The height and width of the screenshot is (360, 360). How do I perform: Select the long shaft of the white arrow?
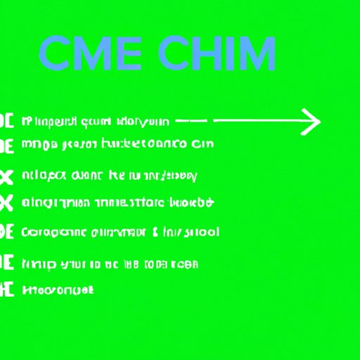click(260, 121)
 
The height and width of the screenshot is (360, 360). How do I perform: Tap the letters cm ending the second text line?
click(202, 143)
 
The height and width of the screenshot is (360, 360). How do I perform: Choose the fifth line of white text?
click(120, 231)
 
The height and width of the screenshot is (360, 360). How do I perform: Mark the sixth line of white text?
click(110, 264)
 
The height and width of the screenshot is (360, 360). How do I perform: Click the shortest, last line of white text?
click(58, 289)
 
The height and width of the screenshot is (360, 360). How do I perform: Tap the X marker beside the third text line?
click(6, 175)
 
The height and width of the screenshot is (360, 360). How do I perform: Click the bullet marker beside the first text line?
click(7, 120)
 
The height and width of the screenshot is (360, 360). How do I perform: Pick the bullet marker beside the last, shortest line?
click(7, 288)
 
